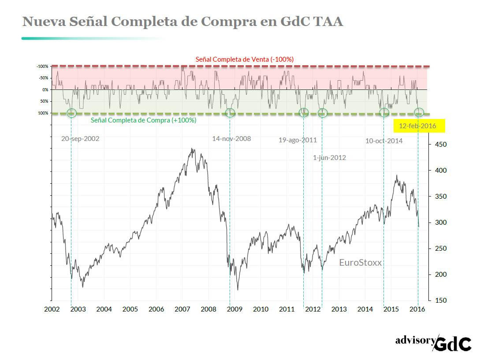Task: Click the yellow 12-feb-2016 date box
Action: pos(419,126)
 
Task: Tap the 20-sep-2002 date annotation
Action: pos(80,138)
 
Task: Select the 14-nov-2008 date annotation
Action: pos(231,139)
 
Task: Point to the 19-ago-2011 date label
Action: pos(298,141)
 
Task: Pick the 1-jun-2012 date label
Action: pos(329,158)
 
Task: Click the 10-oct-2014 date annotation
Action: pos(384,141)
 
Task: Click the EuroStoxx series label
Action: pos(360,263)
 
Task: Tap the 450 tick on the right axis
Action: pos(441,145)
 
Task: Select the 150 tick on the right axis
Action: pos(441,301)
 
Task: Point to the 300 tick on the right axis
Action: pos(441,223)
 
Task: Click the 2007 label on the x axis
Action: pos(182,309)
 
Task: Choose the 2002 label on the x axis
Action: pos(52,309)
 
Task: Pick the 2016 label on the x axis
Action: pos(417,309)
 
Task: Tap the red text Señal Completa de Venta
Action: pos(245,59)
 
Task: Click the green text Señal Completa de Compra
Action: pos(143,120)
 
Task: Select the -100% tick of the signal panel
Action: pos(42,67)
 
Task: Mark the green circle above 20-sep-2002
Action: pos(71,113)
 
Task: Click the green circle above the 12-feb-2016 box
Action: pos(419,112)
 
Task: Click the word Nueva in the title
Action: pos(44,21)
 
